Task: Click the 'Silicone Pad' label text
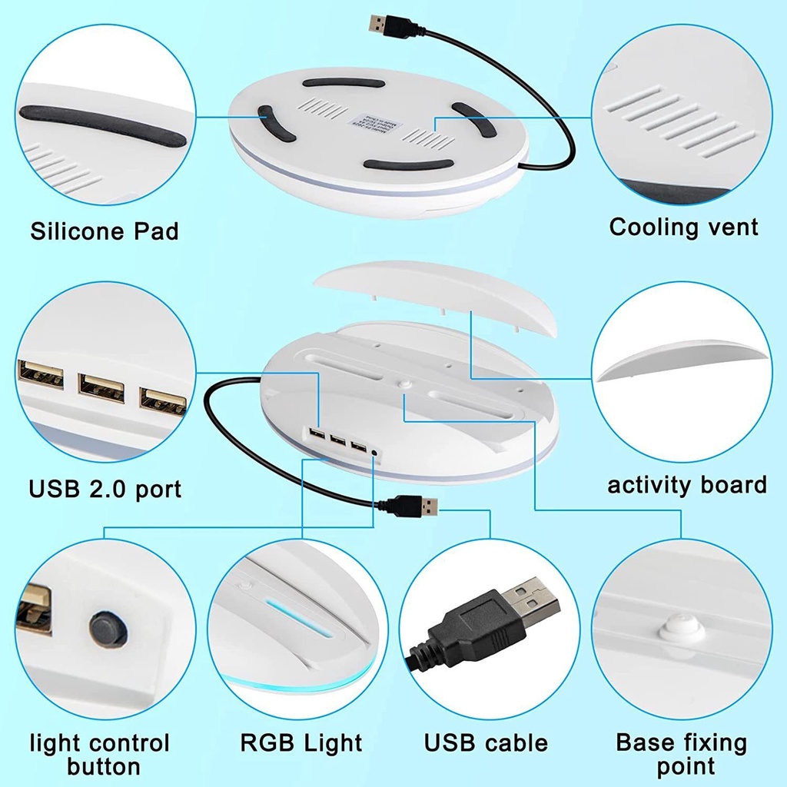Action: click(105, 231)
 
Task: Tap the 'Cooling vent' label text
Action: click(683, 227)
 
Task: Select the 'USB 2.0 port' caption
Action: click(105, 488)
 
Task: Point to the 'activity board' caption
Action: click(687, 485)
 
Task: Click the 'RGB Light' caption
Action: click(301, 742)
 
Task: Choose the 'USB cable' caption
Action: click(486, 742)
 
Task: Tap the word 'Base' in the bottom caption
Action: click(646, 742)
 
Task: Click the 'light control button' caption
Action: click(100, 755)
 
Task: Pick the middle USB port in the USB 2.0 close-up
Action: click(101, 388)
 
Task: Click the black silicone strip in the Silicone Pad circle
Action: click(102, 127)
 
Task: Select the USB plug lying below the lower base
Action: click(413, 506)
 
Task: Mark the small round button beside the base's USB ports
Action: click(375, 452)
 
